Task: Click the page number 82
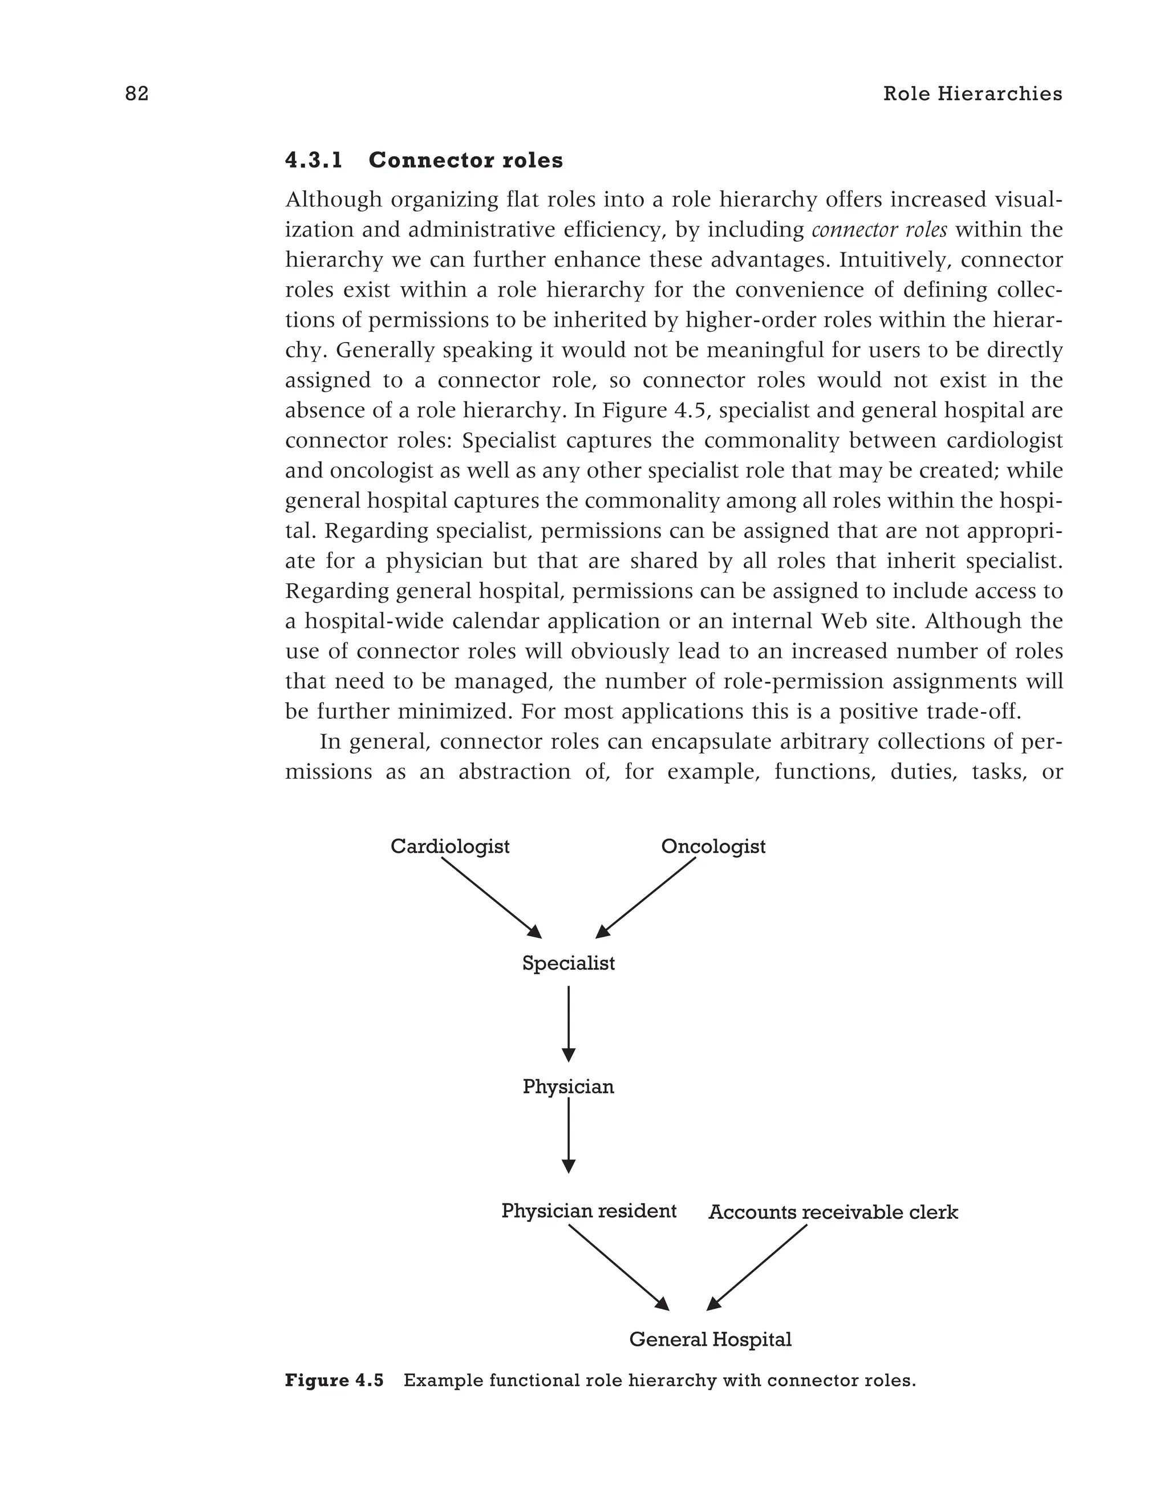click(137, 93)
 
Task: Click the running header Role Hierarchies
click(972, 93)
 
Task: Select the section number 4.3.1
click(314, 160)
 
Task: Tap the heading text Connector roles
click(465, 160)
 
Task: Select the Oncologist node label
click(713, 846)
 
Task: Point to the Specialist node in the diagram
click(568, 963)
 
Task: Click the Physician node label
click(568, 1087)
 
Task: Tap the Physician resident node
click(589, 1210)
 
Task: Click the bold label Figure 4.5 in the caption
click(334, 1380)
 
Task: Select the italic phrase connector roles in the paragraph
click(879, 230)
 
